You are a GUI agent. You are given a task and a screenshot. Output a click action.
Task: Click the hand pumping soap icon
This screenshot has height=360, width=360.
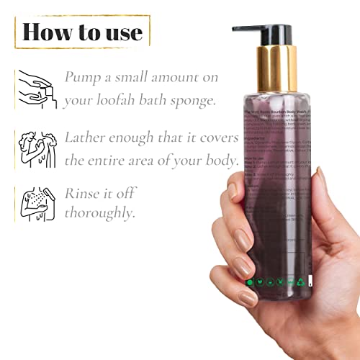(x=37, y=88)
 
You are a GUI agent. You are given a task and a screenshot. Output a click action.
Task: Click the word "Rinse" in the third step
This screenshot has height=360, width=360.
(x=82, y=193)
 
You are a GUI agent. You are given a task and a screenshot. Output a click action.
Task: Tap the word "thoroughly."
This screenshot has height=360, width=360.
(x=99, y=214)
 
